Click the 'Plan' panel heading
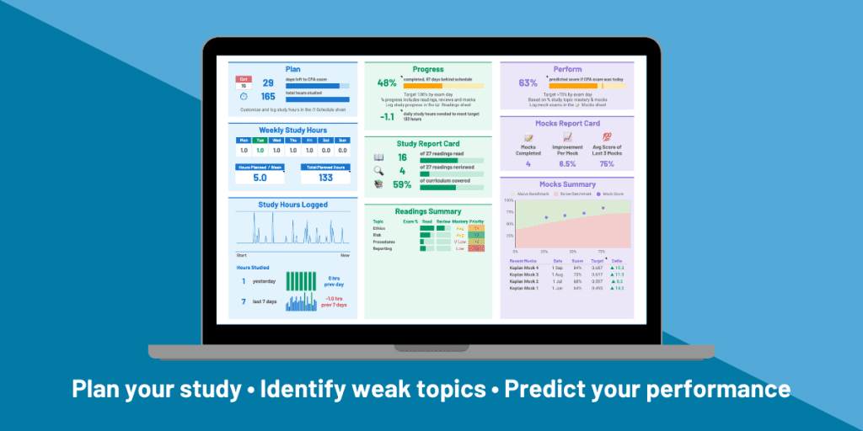(292, 69)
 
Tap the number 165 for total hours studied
(268, 97)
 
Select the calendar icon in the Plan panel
(243, 82)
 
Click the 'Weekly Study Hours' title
(293, 130)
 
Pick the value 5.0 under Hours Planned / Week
(260, 178)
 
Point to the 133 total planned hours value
(324, 178)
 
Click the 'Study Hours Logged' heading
(292, 205)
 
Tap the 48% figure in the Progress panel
(387, 83)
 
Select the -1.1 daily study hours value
(387, 117)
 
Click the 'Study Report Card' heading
(427, 143)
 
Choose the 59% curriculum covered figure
(402, 184)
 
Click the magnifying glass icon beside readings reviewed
(378, 171)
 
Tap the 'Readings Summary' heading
(427, 211)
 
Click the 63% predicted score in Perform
(528, 83)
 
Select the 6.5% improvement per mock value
(567, 164)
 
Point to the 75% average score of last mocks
(607, 164)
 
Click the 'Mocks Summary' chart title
(566, 184)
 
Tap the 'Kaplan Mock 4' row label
(524, 268)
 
